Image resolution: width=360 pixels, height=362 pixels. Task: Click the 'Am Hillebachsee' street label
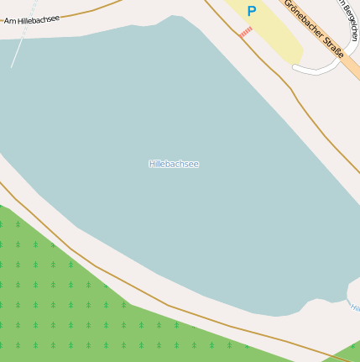click(x=31, y=18)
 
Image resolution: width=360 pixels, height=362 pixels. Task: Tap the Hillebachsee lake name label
click(x=174, y=164)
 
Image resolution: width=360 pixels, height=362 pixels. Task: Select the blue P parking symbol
click(x=251, y=11)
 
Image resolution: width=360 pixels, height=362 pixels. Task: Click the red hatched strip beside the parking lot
click(x=246, y=32)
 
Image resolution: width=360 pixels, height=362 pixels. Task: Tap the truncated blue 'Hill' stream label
click(x=355, y=308)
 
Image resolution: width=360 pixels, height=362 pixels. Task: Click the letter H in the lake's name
click(x=151, y=164)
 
